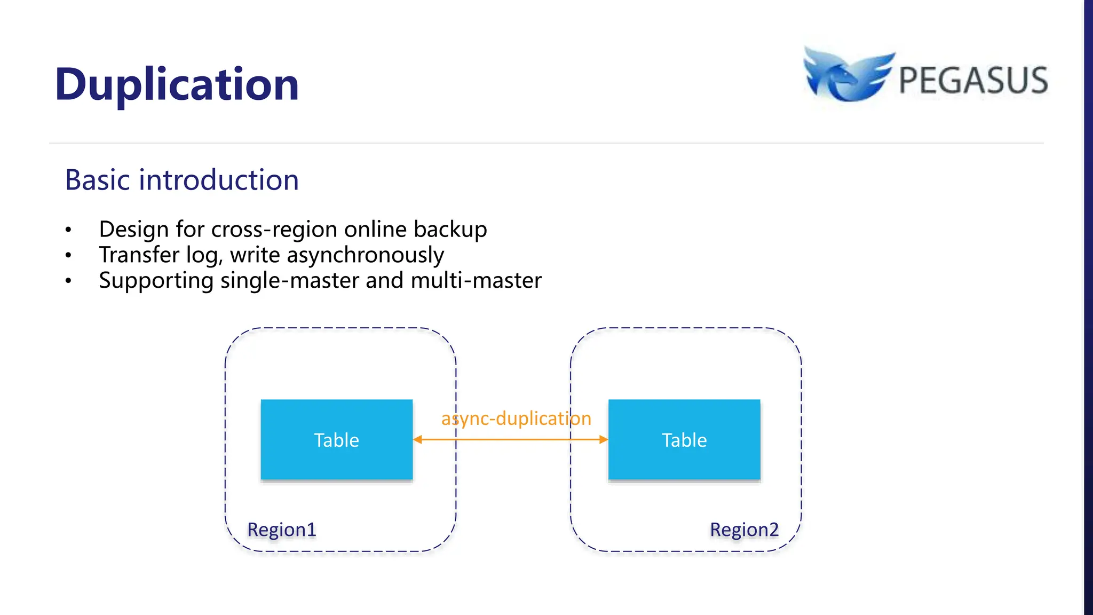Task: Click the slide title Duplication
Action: pyautogui.click(x=177, y=84)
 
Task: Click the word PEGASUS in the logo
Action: pyautogui.click(x=973, y=81)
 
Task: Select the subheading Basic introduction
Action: pyautogui.click(x=181, y=180)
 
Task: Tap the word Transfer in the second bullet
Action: pyautogui.click(x=139, y=255)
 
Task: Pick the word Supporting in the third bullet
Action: pyautogui.click(x=156, y=281)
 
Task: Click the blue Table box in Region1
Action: pyautogui.click(x=336, y=440)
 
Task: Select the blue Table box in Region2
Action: pyautogui.click(x=684, y=440)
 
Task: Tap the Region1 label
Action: pyautogui.click(x=282, y=530)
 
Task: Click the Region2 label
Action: pyautogui.click(x=744, y=530)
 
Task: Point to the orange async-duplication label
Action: pyautogui.click(x=516, y=419)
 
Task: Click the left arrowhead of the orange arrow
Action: pyautogui.click(x=418, y=439)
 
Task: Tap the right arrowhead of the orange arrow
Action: pyautogui.click(x=603, y=439)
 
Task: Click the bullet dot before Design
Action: pyautogui.click(x=68, y=230)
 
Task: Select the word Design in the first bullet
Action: pyautogui.click(x=134, y=230)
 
